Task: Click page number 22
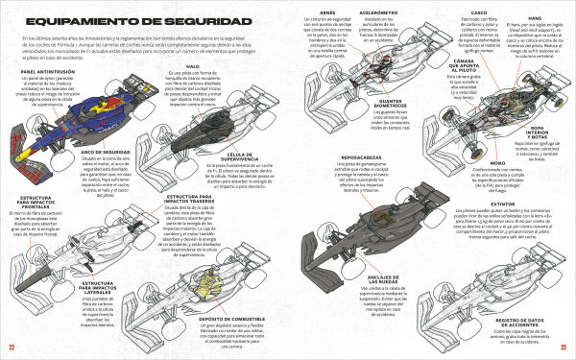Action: tap(12, 348)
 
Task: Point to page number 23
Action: tap(564, 348)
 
